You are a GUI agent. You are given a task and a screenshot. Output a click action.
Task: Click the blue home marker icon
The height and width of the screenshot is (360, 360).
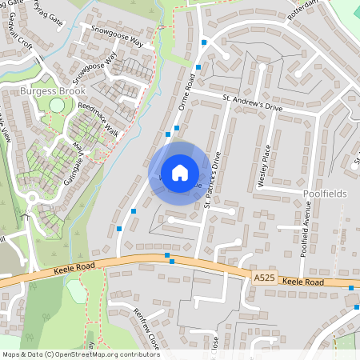point(179,172)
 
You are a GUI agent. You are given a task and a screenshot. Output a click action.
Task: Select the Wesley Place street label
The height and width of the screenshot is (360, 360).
point(265,166)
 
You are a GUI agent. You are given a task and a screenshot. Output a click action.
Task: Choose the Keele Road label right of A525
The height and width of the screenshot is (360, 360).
point(302,282)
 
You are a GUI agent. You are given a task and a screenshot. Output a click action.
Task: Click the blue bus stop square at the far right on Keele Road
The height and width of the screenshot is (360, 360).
point(351,287)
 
